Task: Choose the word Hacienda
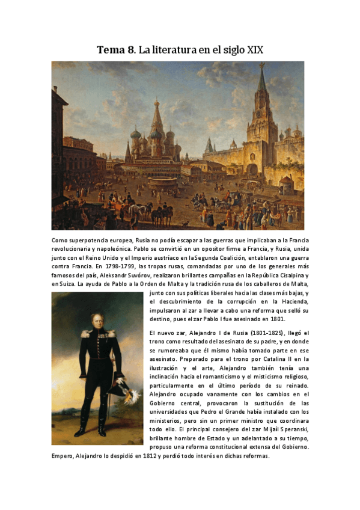[293, 302]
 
